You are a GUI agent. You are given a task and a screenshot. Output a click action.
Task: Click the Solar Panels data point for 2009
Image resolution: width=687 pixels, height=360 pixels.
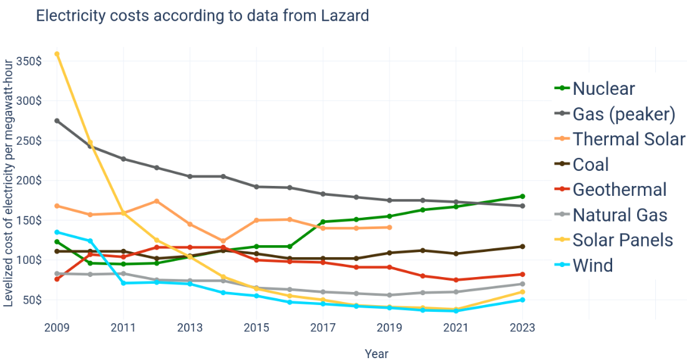(57, 54)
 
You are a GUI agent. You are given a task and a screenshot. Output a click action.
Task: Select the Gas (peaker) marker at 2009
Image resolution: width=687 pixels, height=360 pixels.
(57, 120)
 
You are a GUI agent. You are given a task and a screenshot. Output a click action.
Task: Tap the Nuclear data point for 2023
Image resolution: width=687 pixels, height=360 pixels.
(522, 196)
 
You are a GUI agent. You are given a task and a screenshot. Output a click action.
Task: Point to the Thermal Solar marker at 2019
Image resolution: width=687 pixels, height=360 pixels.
(389, 227)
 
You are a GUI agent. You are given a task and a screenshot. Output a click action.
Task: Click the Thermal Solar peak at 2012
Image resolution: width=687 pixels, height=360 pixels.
(157, 201)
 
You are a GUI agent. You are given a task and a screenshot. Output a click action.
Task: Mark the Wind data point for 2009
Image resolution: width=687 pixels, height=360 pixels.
(57, 232)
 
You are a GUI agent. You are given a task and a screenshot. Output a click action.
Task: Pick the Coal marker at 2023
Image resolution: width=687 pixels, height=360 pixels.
(522, 246)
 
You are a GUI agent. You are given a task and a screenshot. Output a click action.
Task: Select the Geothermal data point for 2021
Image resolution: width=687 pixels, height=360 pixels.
(456, 280)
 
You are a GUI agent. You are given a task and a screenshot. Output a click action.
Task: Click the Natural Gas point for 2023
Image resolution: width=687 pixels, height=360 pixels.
(522, 284)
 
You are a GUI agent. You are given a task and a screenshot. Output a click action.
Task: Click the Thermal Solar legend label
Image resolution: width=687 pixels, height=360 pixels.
(628, 139)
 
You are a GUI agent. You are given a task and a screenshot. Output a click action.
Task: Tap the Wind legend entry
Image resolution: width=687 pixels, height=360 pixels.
(592, 265)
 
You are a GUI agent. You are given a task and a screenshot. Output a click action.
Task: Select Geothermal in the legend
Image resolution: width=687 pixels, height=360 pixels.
(619, 190)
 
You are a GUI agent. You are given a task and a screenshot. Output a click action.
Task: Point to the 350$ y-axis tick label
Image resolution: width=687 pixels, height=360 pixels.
(29, 61)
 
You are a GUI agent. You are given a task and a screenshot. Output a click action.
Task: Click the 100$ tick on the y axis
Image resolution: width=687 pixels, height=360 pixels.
(29, 260)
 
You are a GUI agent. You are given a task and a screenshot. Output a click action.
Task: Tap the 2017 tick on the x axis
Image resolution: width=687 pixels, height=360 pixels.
(323, 328)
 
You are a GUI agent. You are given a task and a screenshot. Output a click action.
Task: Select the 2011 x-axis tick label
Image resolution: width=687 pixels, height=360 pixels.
(123, 328)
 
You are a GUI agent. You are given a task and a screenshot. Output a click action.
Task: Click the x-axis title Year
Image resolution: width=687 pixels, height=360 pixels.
(376, 354)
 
